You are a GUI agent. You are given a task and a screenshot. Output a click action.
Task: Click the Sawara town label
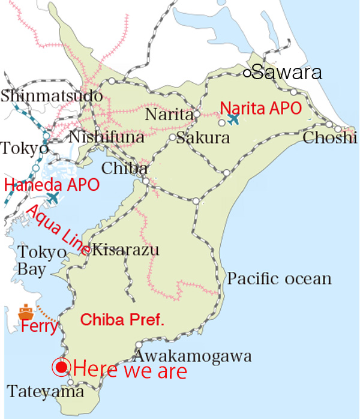pyautogui.click(x=287, y=73)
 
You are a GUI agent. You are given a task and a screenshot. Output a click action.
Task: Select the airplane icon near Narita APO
pyautogui.click(x=233, y=119)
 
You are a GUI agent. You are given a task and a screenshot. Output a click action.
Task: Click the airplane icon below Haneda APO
pyautogui.click(x=53, y=197)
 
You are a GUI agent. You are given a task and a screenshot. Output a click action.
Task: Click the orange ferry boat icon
pyautogui.click(x=25, y=312)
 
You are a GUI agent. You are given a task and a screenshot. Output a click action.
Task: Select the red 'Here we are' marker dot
pyautogui.click(x=61, y=367)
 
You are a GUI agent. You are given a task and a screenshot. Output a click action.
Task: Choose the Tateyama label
pyautogui.click(x=46, y=392)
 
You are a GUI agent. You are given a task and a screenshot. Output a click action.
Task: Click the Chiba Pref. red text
pyautogui.click(x=122, y=319)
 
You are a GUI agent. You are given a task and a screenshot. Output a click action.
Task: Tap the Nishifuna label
pyautogui.click(x=107, y=138)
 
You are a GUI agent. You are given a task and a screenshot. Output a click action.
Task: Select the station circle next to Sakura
pyautogui.click(x=172, y=137)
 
